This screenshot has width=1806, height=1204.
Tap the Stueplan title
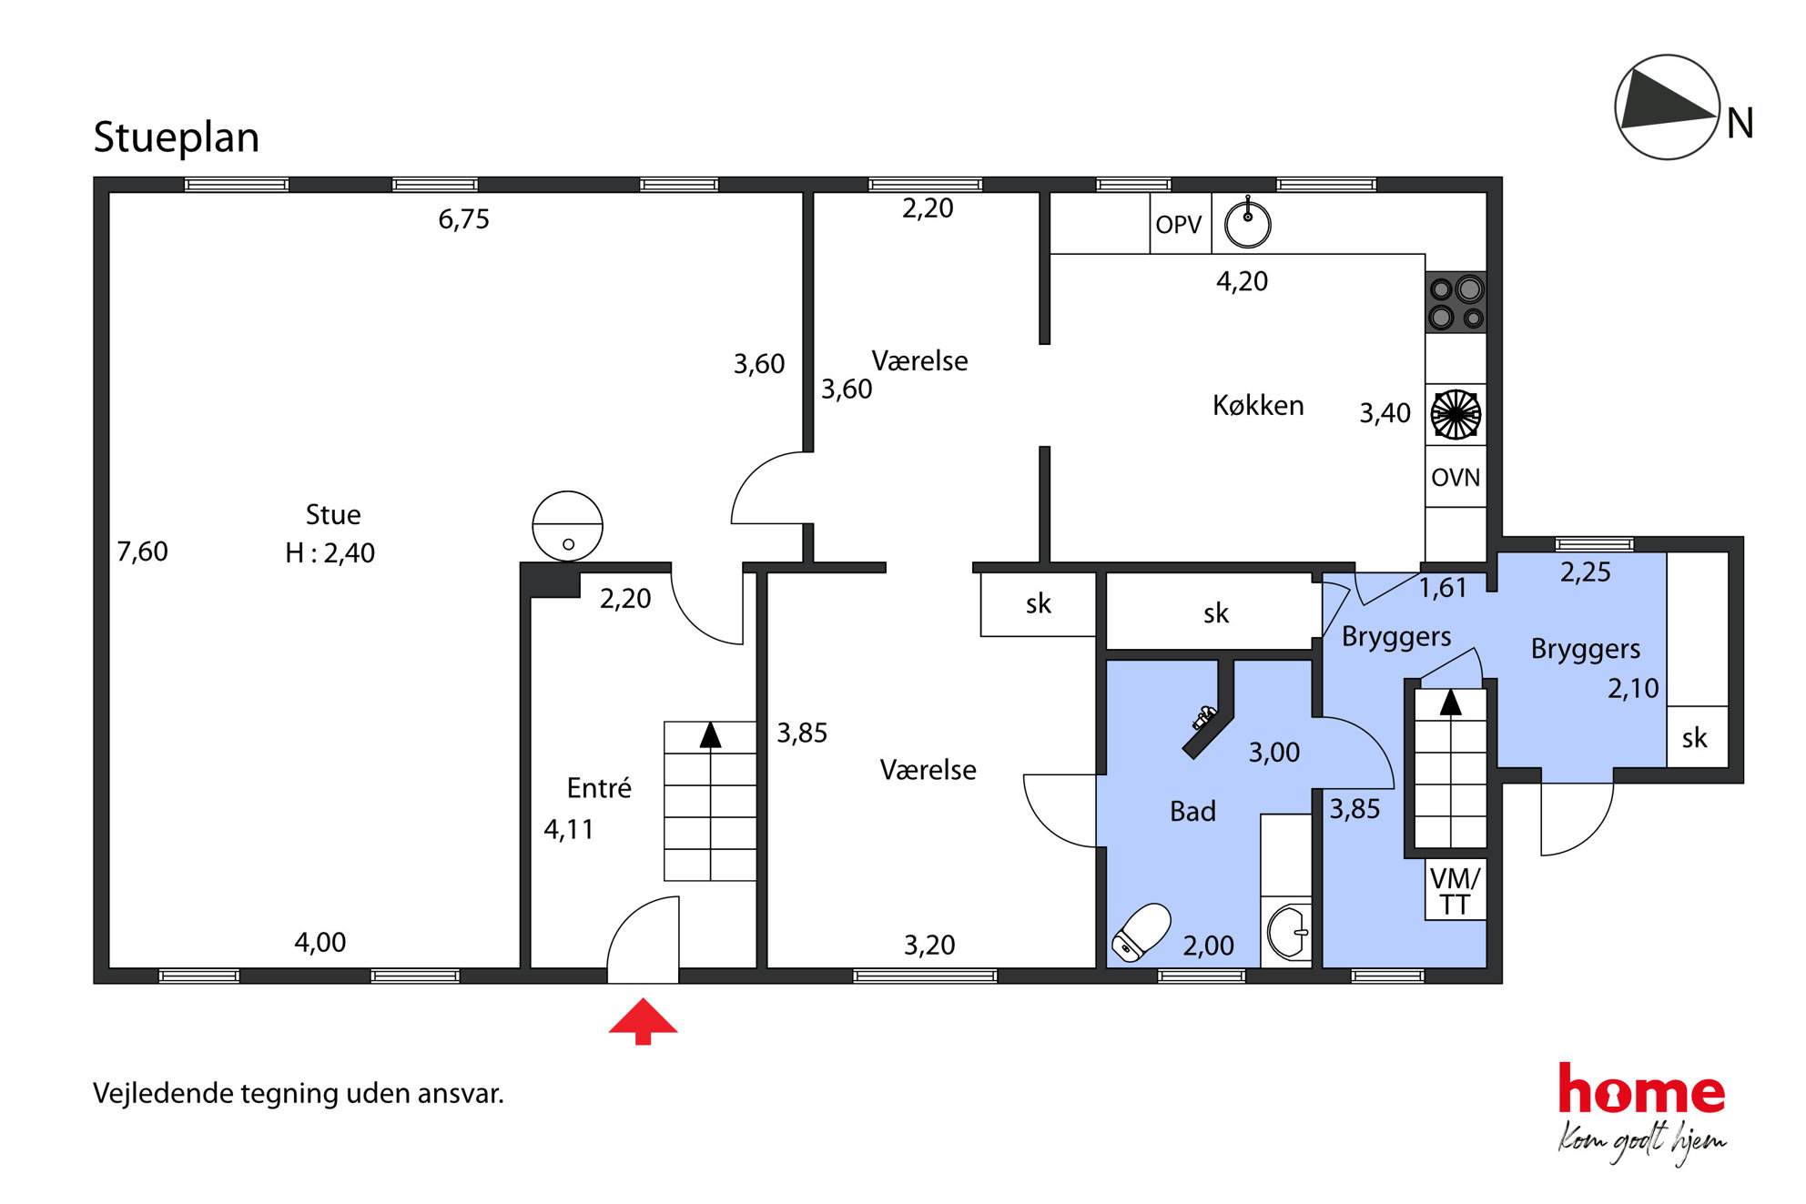tap(177, 138)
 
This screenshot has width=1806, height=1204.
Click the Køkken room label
tap(1258, 405)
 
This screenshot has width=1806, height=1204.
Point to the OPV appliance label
tap(1179, 224)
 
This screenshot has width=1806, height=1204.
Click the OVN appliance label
tap(1456, 477)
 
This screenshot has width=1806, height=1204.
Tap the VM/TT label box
tap(1455, 890)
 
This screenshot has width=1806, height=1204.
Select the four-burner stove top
tap(1456, 303)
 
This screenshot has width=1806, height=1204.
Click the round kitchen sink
tap(1247, 224)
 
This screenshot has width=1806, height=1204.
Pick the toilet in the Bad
tap(1141, 932)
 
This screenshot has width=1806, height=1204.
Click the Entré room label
tap(599, 787)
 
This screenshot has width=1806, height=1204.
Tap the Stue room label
tap(333, 514)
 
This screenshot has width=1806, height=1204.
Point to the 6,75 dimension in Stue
tap(463, 219)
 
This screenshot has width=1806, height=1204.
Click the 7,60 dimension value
tap(142, 551)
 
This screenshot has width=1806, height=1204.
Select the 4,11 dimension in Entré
tap(568, 829)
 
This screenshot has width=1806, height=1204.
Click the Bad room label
tap(1192, 811)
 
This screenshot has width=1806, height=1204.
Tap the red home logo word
tap(1641, 1088)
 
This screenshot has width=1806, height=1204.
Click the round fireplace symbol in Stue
tap(568, 526)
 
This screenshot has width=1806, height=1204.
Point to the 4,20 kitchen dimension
tap(1242, 281)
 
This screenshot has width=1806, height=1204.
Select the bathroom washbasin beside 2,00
tap(1288, 932)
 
